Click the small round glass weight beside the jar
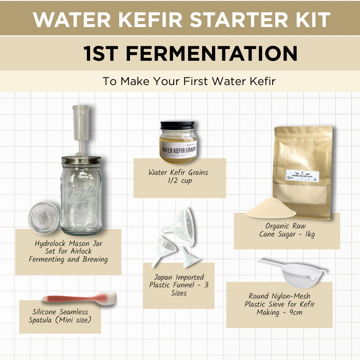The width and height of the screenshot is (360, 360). [x=44, y=216]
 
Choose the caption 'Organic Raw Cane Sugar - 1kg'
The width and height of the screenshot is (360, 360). [x=287, y=230]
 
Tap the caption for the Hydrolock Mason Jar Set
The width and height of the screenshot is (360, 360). [x=67, y=251]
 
